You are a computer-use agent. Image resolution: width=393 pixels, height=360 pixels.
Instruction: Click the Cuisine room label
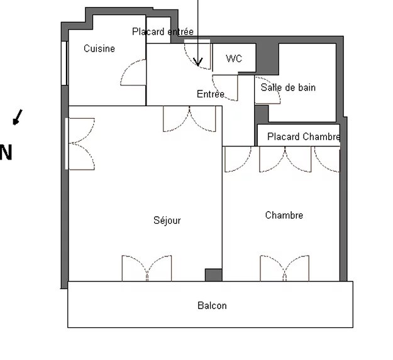coord(99,48)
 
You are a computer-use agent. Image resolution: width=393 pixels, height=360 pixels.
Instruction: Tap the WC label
coord(234,58)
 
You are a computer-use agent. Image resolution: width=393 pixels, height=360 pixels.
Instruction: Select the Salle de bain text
coord(288,87)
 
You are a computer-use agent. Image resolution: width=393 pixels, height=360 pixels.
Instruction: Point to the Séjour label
coord(167,221)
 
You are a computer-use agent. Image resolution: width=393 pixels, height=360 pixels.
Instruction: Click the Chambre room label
coord(284,215)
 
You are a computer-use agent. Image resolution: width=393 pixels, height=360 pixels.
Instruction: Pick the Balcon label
coord(212,305)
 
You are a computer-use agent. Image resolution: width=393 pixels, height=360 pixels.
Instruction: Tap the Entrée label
coord(211,94)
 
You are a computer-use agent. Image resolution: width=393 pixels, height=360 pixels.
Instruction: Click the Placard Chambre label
coord(304,137)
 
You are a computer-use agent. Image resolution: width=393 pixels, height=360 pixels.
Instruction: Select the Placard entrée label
coord(163,31)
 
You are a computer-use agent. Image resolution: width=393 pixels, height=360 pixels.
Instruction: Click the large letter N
coord(6,152)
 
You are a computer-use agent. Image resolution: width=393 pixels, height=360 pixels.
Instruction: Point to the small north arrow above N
coord(18,117)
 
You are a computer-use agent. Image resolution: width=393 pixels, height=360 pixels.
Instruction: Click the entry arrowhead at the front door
coord(198,62)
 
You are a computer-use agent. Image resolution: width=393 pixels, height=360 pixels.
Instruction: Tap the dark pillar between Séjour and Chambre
coord(214,275)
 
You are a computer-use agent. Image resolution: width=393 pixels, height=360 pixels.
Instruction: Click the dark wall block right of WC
coord(267,58)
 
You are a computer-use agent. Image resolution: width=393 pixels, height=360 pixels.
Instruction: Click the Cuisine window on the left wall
coord(64,63)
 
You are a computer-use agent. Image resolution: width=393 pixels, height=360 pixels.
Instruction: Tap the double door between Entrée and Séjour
coord(189,119)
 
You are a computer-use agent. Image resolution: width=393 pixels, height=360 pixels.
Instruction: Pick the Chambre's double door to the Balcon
coord(284,268)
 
